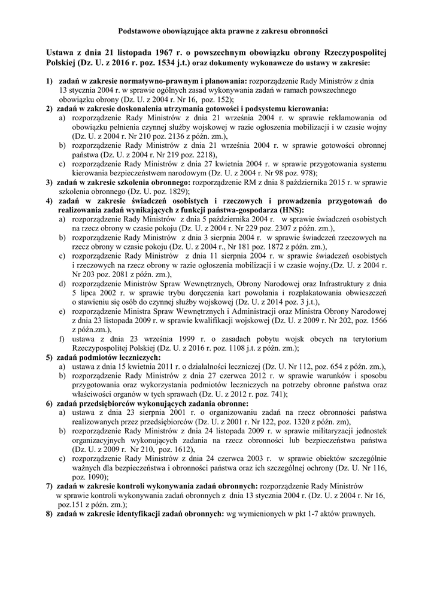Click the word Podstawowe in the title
coord(139,29)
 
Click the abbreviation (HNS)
coord(290,210)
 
